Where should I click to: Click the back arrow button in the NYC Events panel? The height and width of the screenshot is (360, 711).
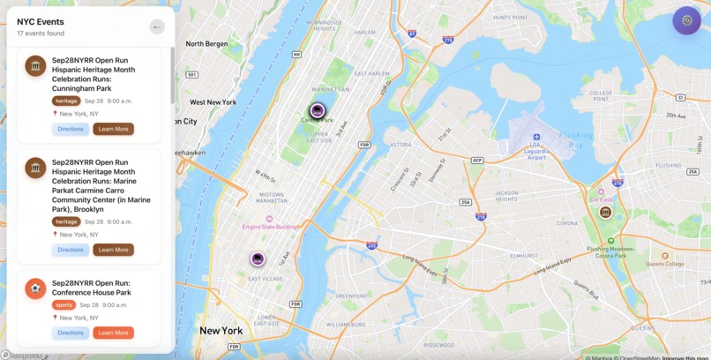(x=157, y=26)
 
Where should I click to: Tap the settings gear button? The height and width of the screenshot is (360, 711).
(x=686, y=20)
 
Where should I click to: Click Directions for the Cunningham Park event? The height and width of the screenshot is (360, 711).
(x=71, y=129)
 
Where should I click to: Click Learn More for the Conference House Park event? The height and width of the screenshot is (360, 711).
(x=113, y=333)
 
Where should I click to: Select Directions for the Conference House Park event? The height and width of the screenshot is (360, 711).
(x=71, y=333)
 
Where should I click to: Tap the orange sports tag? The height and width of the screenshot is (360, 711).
(x=64, y=304)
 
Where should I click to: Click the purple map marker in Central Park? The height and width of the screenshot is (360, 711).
(x=318, y=110)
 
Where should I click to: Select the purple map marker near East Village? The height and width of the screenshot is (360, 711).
(x=258, y=259)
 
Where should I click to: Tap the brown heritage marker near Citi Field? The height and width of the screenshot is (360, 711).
(x=605, y=212)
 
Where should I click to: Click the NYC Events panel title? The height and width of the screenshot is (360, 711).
(x=41, y=21)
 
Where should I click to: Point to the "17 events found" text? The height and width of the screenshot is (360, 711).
(x=41, y=34)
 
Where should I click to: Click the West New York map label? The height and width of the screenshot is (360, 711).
(x=213, y=102)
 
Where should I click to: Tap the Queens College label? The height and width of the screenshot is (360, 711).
(x=664, y=263)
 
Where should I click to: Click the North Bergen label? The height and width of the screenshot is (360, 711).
(x=206, y=43)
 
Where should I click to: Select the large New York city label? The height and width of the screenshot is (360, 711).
(x=221, y=331)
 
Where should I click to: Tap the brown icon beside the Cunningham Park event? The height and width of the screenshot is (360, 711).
(x=35, y=66)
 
